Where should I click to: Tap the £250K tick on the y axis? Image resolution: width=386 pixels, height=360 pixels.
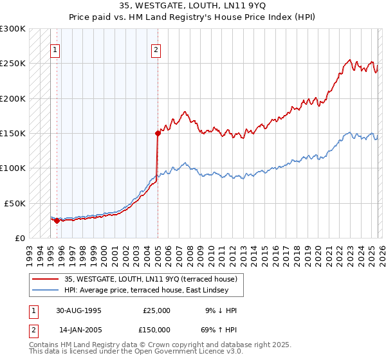pyautogui.click(x=13, y=64)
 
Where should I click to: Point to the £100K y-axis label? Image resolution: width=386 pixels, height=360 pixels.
pyautogui.click(x=13, y=168)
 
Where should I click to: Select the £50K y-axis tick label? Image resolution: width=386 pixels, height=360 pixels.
pyautogui.click(x=15, y=203)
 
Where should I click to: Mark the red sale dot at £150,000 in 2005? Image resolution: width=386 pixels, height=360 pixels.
pyautogui.click(x=158, y=133)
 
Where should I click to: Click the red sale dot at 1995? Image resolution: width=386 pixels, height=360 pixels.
pyautogui.click(x=57, y=221)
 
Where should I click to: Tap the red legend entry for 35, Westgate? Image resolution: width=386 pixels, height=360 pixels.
pyautogui.click(x=151, y=279)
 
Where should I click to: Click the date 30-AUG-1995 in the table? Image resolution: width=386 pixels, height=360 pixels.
pyautogui.click(x=78, y=310)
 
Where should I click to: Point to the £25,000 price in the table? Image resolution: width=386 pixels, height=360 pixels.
pyautogui.click(x=156, y=310)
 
